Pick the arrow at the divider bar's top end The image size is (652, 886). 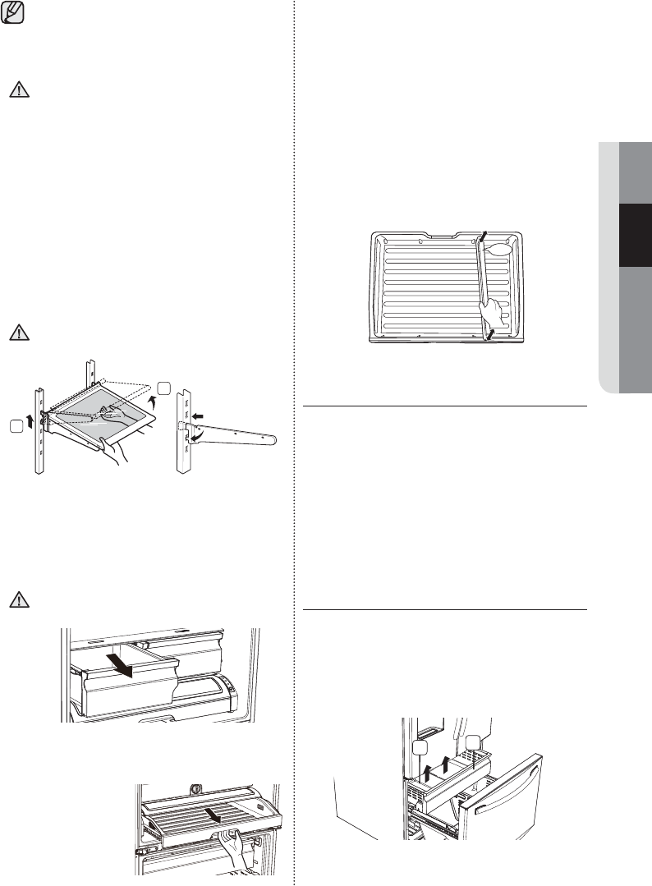point(484,237)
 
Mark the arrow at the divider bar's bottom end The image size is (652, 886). point(490,335)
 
